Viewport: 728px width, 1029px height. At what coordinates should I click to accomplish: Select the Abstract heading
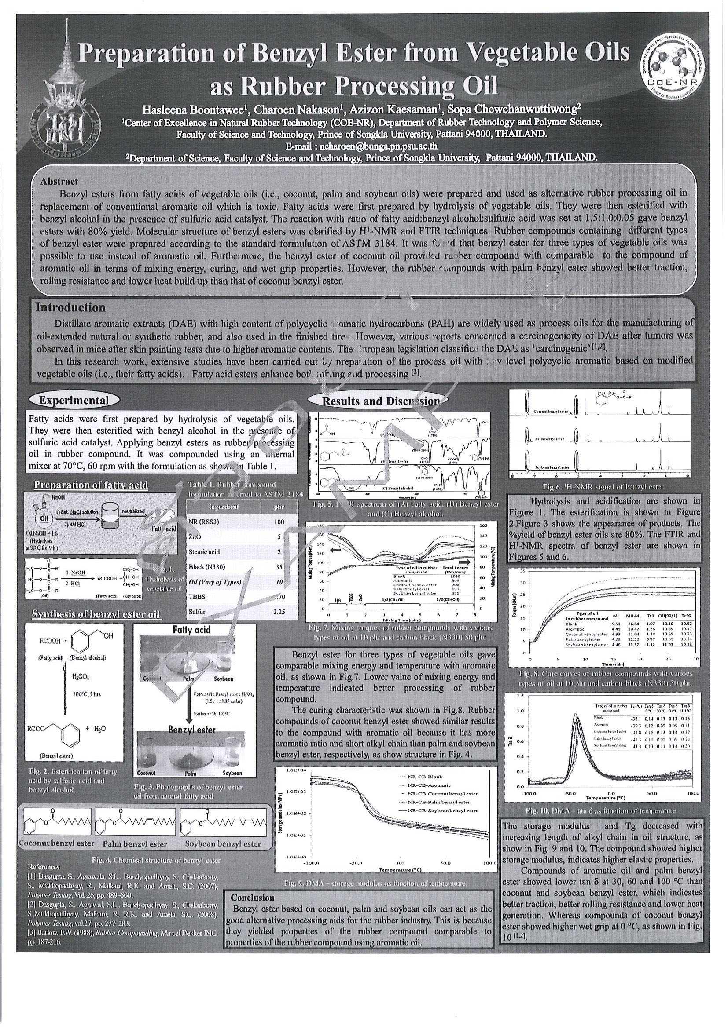(x=59, y=182)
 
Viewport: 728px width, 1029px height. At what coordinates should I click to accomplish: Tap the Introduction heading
(x=70, y=307)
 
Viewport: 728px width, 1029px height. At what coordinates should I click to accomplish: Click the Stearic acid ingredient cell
(x=205, y=552)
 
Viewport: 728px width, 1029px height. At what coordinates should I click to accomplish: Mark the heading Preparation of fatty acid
(x=91, y=485)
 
